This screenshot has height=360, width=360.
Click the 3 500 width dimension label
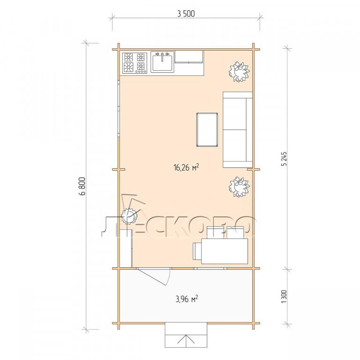[186, 14]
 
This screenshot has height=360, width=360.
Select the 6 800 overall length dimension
[82, 186]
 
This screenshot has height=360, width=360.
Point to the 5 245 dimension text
[284, 158]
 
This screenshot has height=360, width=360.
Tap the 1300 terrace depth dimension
[284, 296]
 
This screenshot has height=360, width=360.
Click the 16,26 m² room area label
[186, 167]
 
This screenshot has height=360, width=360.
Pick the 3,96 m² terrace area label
[187, 299]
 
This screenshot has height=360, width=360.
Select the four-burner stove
[135, 63]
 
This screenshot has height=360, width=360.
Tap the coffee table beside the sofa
[207, 129]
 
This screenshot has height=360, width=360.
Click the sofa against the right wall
[237, 129]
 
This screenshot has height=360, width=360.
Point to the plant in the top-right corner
[239, 71]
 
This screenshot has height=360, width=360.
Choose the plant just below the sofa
[239, 187]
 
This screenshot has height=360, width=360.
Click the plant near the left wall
[129, 216]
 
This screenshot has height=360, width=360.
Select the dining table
[225, 251]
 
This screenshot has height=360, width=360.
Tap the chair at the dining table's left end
[197, 251]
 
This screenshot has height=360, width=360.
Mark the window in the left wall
[119, 108]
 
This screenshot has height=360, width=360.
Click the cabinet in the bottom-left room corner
[126, 248]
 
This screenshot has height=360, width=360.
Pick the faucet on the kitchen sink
[162, 56]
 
